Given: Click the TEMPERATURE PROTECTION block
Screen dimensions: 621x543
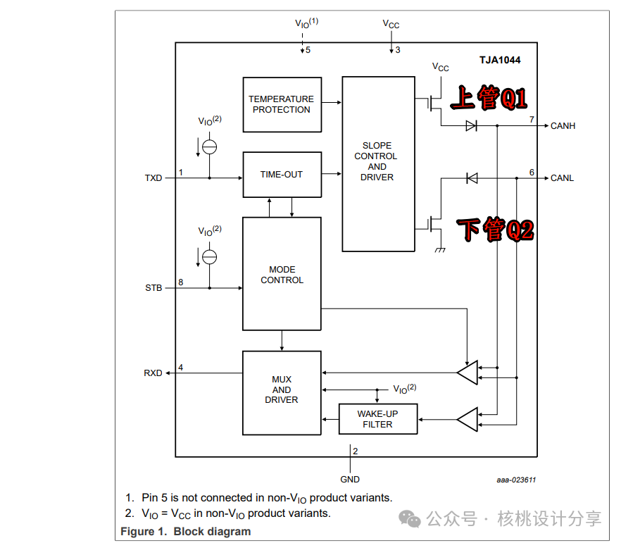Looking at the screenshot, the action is pos(282,104).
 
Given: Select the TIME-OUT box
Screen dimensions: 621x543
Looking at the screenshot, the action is pos(282,175).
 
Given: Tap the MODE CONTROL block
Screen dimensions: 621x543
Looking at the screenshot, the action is pos(282,274).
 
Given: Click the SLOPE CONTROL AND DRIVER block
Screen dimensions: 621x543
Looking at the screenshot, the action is pos(378,164).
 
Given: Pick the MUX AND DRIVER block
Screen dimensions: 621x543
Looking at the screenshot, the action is pos(282,393).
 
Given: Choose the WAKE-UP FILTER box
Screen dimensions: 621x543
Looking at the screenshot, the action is pos(378,419).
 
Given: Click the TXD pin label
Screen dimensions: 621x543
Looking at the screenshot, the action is pos(153,178).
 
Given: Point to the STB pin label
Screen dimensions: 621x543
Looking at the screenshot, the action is pos(153,288).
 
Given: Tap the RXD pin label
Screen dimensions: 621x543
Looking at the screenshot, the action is pos(153,373).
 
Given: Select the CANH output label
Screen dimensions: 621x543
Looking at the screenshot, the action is pos(563,126).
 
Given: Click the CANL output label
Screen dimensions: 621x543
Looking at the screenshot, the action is pos(562,178).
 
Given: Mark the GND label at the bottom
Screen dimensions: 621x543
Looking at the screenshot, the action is pos(350,479).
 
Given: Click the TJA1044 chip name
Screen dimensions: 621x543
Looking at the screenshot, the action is pos(500,60).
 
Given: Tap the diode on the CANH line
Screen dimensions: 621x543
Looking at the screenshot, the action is pos(471,126).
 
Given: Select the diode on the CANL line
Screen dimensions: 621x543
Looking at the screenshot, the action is pos(472,178).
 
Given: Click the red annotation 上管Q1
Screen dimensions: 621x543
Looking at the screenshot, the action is pos(489,97).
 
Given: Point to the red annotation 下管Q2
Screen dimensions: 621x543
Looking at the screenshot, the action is pos(496,229).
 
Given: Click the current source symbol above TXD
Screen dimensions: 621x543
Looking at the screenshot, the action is pos(210,147).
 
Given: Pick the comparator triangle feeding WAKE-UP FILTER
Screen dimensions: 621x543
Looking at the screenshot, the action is pos(468,420).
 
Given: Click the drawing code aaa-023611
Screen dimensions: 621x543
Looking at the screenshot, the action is pos(516,480).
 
